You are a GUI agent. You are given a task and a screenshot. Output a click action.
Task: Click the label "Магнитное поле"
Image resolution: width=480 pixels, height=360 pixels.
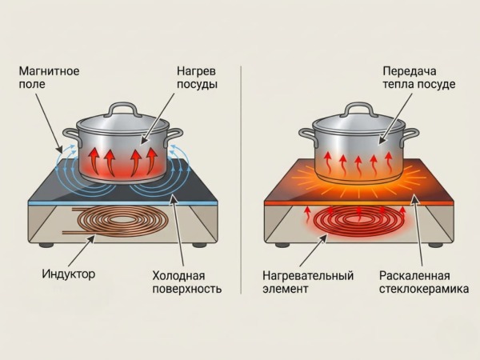tap(49, 78)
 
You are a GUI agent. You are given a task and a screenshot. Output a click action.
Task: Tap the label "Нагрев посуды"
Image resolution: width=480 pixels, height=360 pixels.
tap(197, 78)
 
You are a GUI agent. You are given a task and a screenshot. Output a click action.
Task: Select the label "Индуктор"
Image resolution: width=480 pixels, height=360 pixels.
tap(68, 274)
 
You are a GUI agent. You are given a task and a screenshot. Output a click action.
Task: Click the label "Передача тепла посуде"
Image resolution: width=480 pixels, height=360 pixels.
tap(420, 78)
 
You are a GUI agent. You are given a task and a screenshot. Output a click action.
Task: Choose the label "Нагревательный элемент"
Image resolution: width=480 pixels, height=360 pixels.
tap(308, 282)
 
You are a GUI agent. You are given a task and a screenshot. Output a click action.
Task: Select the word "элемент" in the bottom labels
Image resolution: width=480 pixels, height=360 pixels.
tap(284, 289)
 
